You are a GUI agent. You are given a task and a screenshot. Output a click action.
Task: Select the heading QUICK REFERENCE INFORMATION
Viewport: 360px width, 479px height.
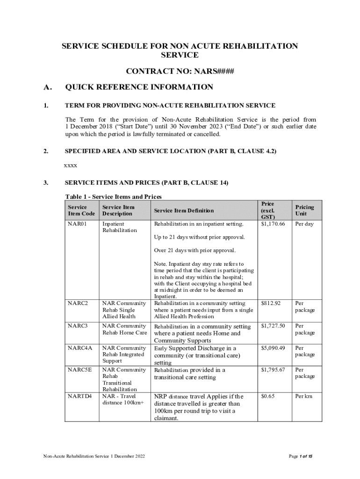click(x=139, y=87)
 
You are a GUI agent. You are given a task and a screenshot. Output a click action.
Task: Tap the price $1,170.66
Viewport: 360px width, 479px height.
click(x=273, y=224)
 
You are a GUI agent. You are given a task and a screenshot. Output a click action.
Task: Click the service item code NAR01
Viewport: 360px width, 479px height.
click(x=78, y=224)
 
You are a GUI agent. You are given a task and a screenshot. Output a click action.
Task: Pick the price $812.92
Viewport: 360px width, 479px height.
click(x=271, y=304)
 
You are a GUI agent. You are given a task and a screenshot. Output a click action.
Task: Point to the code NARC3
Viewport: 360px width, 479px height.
click(x=78, y=326)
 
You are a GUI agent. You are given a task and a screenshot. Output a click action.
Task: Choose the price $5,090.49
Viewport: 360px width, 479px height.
click(x=273, y=348)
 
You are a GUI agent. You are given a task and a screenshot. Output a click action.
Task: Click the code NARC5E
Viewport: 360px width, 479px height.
click(x=79, y=370)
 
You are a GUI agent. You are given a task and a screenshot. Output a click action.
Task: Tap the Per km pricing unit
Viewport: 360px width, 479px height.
click(x=303, y=396)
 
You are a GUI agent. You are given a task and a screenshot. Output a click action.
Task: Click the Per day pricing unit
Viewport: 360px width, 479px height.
click(x=304, y=224)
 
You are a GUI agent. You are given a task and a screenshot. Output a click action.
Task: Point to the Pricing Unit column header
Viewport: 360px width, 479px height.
click(x=304, y=210)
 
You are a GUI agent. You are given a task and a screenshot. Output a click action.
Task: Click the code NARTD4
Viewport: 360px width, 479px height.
click(x=79, y=396)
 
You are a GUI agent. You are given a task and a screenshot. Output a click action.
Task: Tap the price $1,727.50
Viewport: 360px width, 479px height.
click(x=273, y=326)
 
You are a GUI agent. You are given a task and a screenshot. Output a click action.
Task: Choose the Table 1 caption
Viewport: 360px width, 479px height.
click(x=113, y=197)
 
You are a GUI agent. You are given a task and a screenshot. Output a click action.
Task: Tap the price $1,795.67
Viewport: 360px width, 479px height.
click(x=273, y=370)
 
